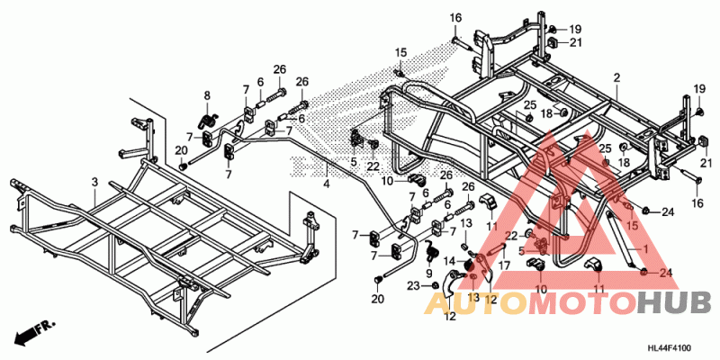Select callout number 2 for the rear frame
616,78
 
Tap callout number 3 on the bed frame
94,183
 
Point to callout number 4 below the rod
327,184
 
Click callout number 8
206,96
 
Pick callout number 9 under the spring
429,273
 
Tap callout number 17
504,265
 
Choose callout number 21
575,43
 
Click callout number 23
414,285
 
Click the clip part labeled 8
207,118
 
